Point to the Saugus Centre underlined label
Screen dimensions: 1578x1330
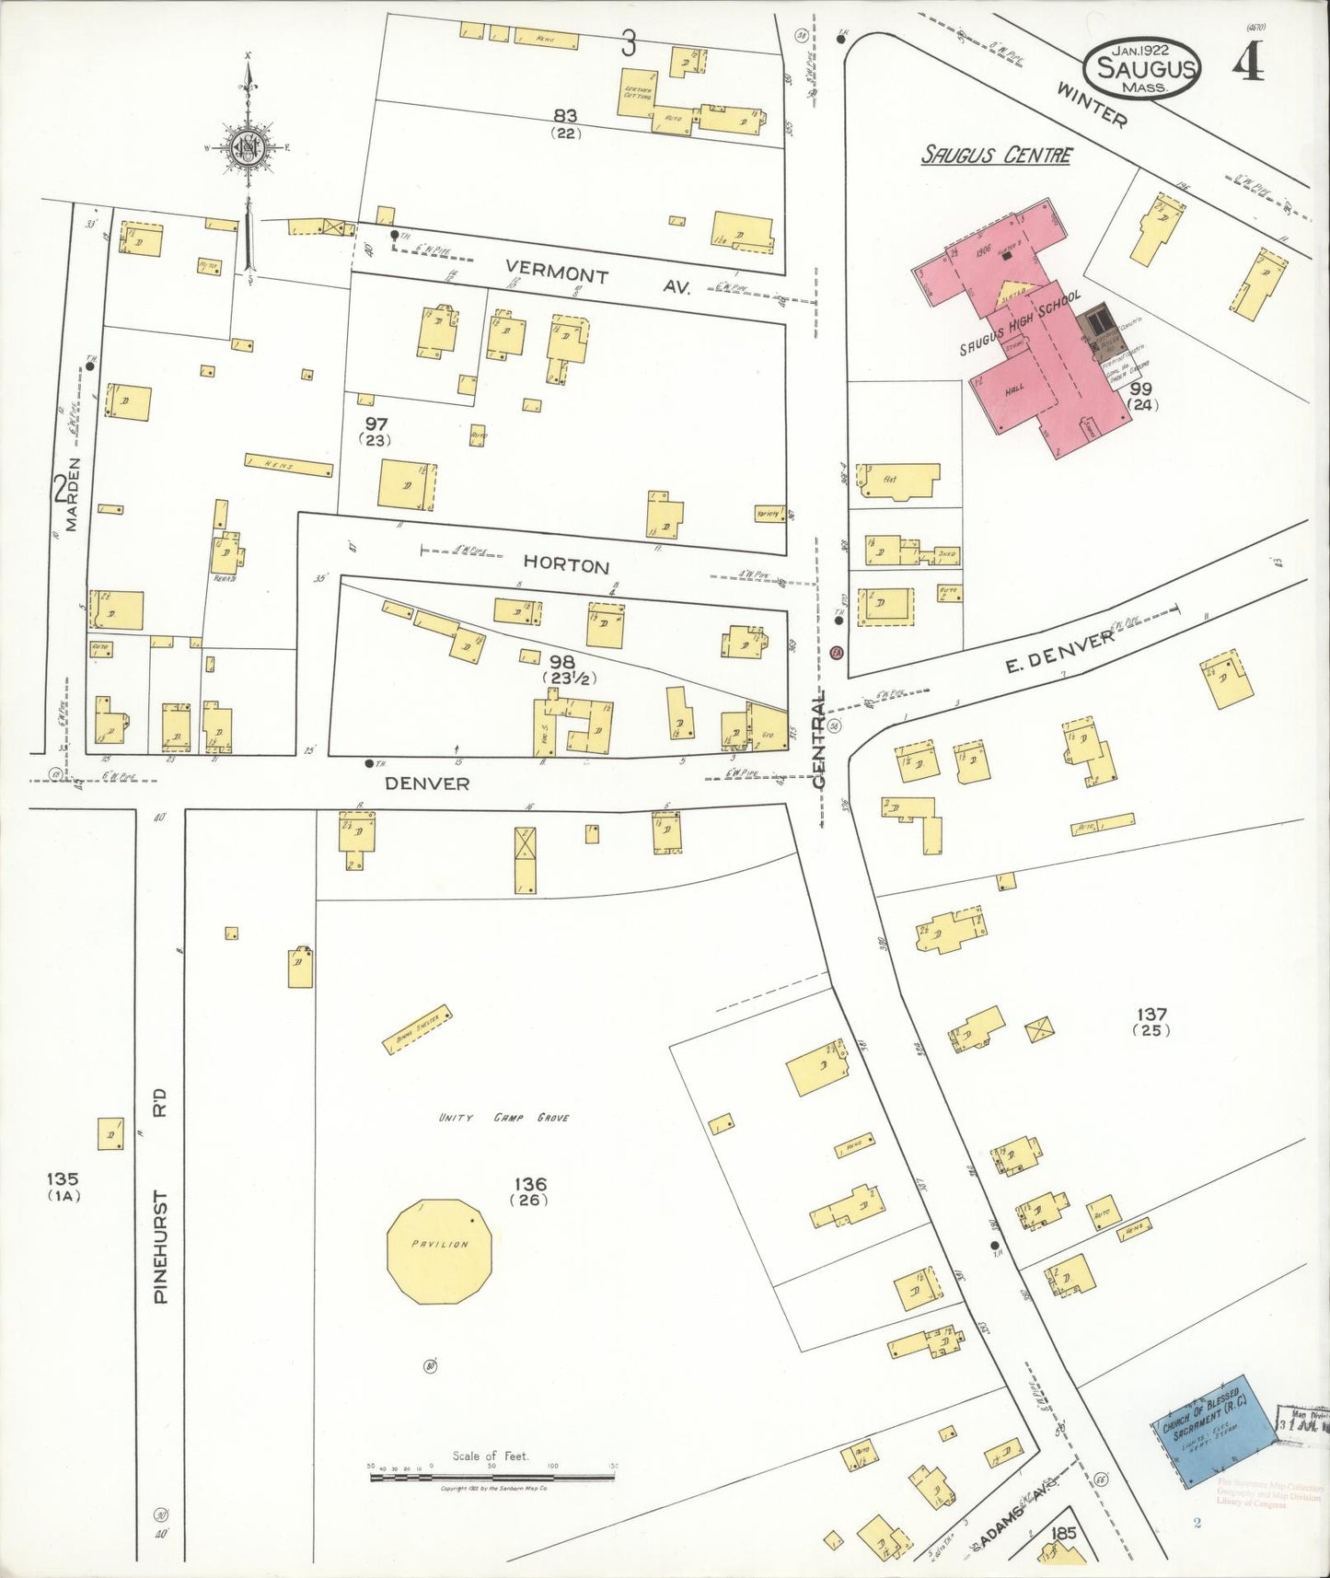point(997,155)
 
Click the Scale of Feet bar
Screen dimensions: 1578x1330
point(492,1477)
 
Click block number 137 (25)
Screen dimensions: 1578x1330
point(1151,1021)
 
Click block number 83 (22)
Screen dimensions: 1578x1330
point(565,122)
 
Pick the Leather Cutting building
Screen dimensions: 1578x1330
point(637,92)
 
